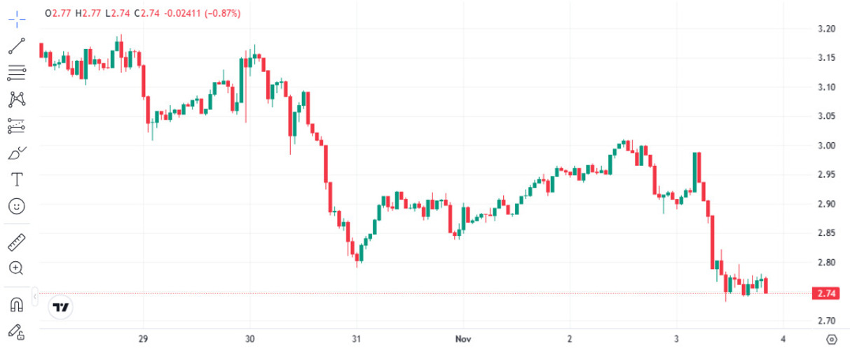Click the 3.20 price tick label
826,29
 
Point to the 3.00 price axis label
826,146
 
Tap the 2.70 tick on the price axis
826,321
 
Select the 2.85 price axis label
826,233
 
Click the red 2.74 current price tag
824,293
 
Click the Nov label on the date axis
463,339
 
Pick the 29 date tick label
144,339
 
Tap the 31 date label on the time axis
357,339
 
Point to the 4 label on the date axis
783,339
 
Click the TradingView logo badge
62,307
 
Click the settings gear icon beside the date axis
832,340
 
